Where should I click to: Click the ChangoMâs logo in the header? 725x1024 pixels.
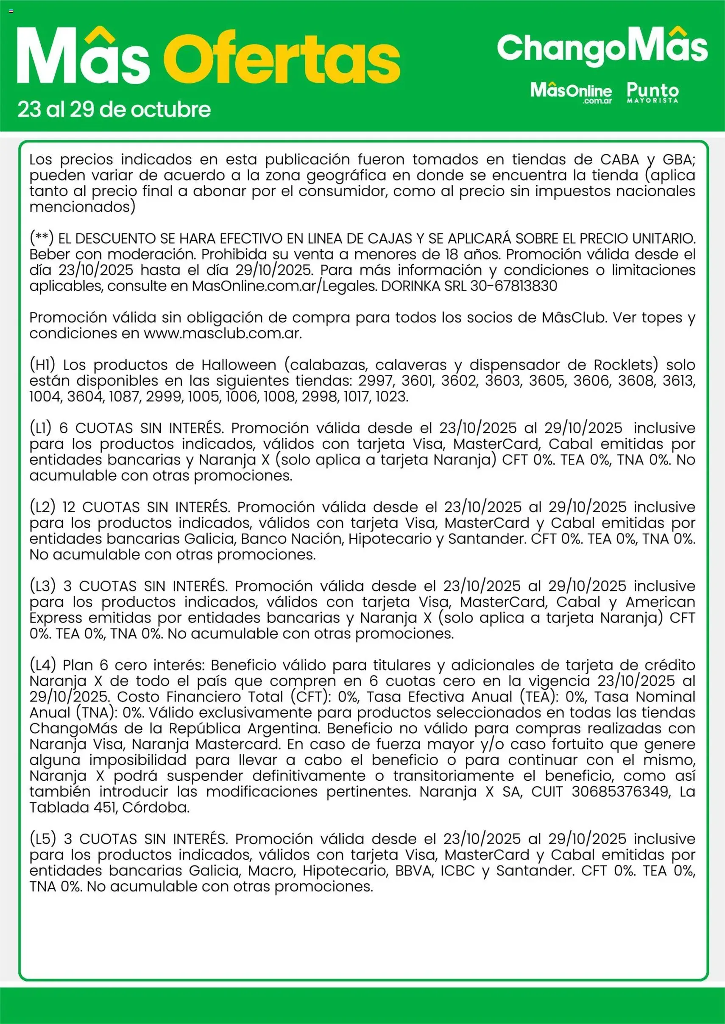(x=602, y=48)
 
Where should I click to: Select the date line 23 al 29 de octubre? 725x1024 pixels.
(x=114, y=110)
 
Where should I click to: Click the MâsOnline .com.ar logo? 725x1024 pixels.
(x=571, y=93)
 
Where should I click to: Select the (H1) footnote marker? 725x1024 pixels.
(x=42, y=365)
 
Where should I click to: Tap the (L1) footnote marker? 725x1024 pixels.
(x=41, y=429)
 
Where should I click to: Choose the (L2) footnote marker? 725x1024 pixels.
(x=42, y=507)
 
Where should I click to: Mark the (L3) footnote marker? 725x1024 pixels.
(x=42, y=586)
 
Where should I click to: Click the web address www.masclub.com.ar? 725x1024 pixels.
(x=222, y=334)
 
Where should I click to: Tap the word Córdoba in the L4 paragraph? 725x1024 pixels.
(x=156, y=807)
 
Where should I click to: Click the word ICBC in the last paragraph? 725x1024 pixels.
(x=457, y=871)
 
